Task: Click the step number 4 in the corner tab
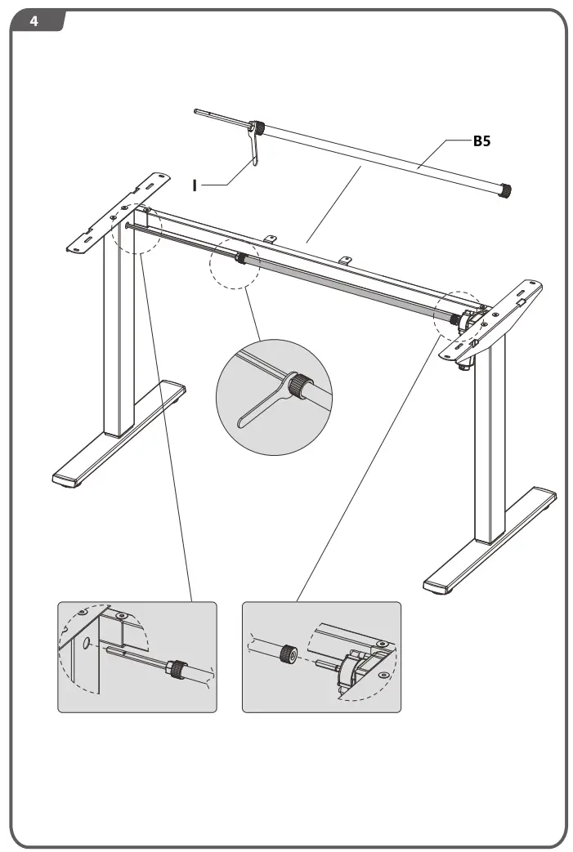point(34,21)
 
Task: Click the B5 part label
point(482,141)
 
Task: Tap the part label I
point(194,185)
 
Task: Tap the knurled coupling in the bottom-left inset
point(175,667)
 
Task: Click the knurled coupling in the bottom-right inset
point(287,653)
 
